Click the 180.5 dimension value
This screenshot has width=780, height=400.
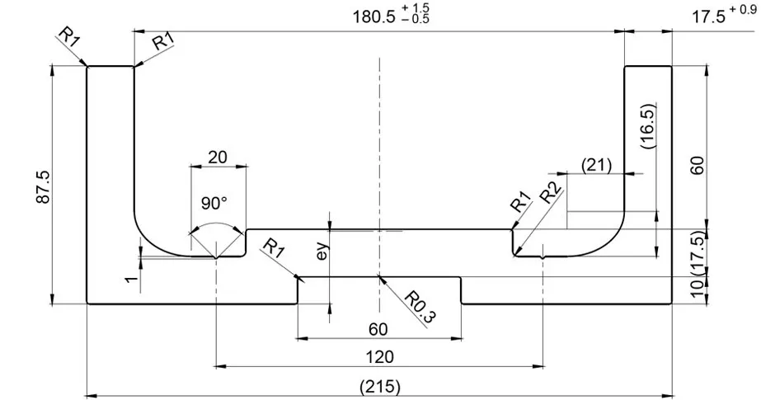(374, 16)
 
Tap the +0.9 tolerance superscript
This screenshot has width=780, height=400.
(744, 9)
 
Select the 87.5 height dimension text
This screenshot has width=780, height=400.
(43, 187)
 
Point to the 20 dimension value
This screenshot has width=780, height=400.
(218, 158)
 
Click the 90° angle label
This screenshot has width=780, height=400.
(214, 203)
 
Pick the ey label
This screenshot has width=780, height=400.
(322, 252)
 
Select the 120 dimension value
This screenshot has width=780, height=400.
(379, 357)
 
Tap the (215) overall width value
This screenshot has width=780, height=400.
(379, 387)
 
